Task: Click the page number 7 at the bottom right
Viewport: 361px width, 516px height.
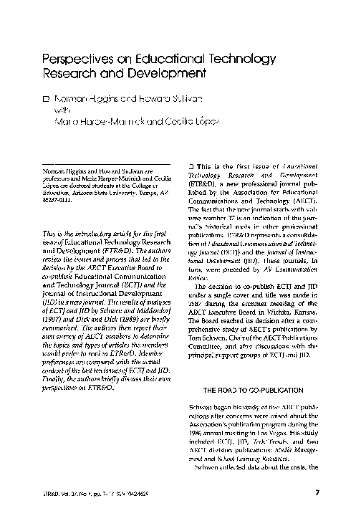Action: [x=316, y=491]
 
